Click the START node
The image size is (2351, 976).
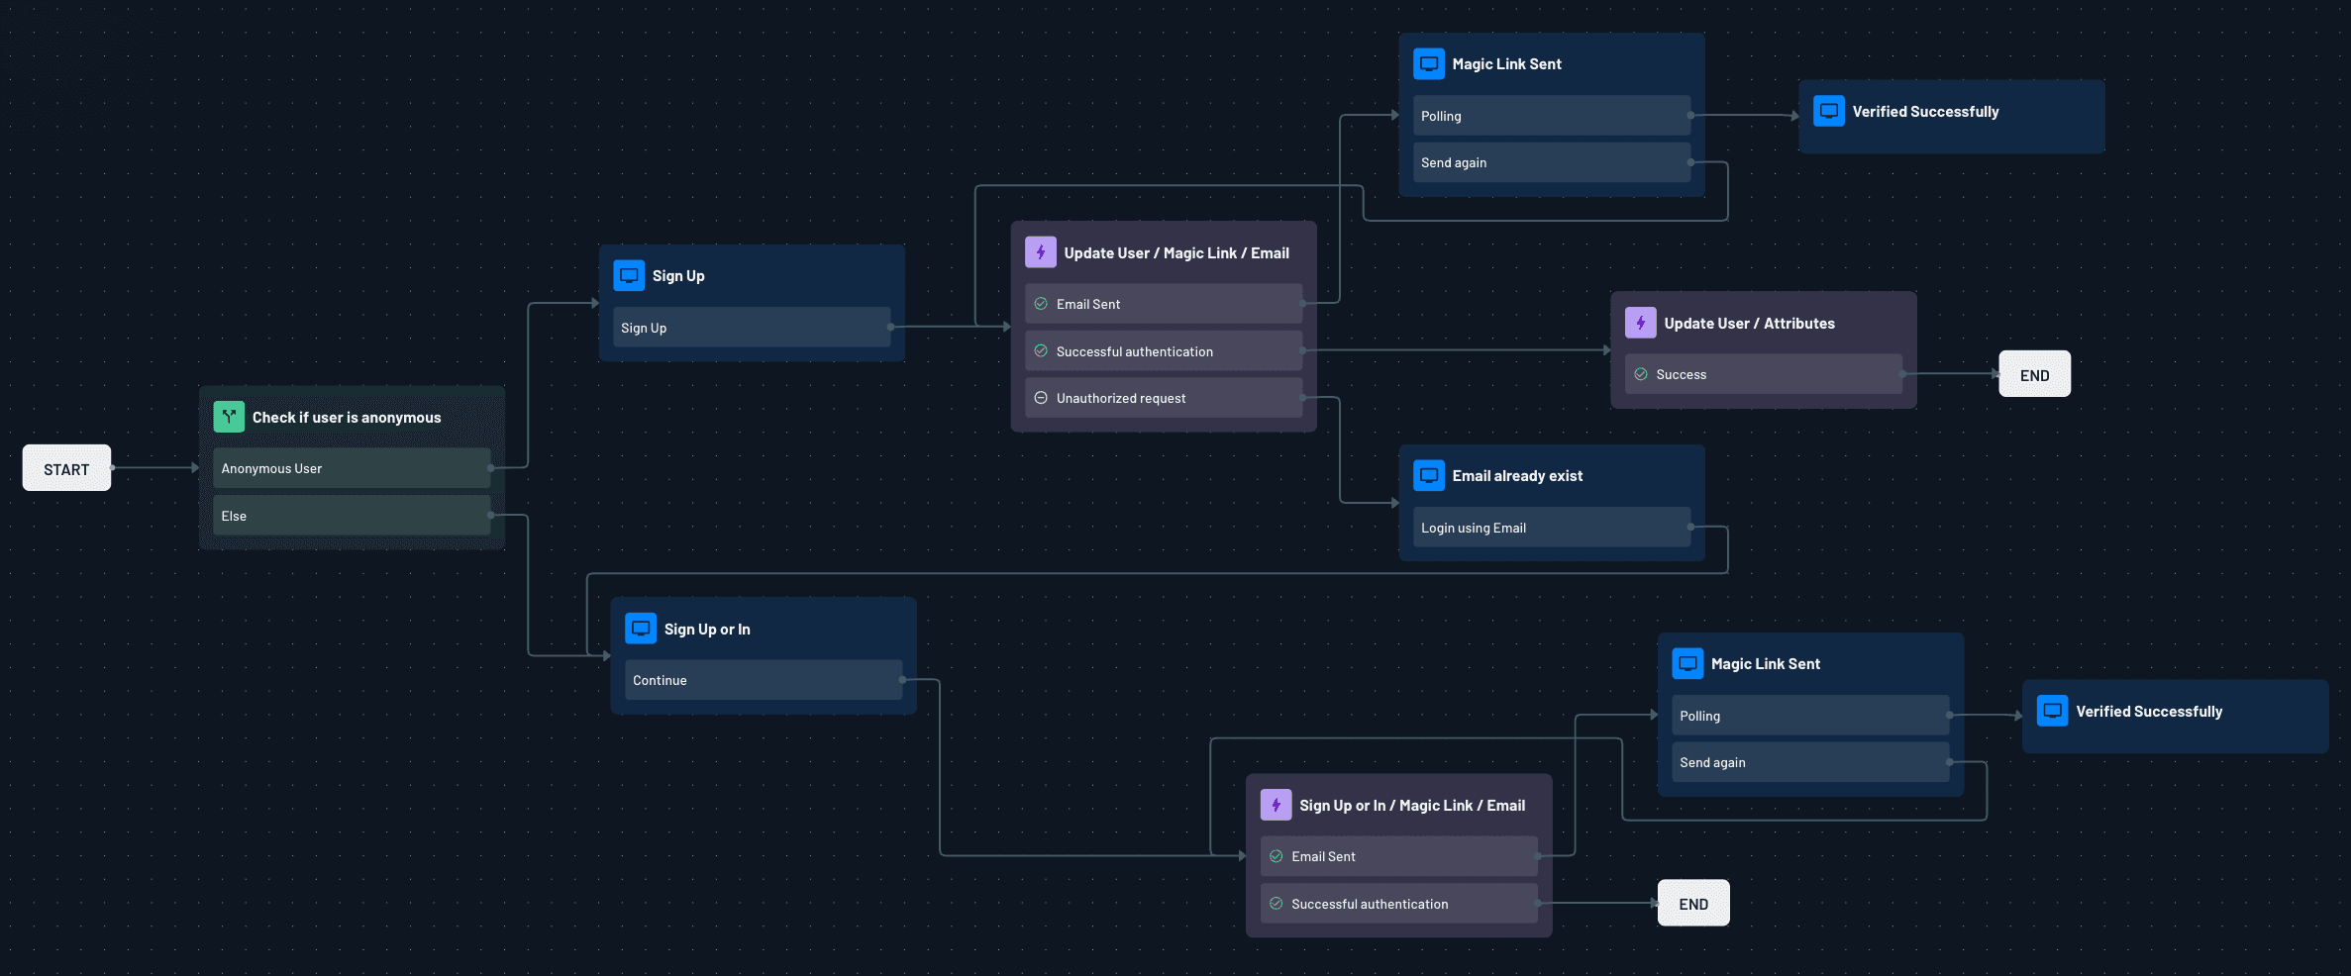tap(66, 468)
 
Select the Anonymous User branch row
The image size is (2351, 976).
tap(352, 468)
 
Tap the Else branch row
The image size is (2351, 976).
tap(352, 516)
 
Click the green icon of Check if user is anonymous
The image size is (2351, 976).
tap(229, 417)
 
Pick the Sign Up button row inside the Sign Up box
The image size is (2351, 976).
tap(751, 328)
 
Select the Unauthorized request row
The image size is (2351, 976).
tap(1163, 398)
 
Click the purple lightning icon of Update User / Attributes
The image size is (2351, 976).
tap(1640, 323)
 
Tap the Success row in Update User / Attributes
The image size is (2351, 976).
tap(1763, 374)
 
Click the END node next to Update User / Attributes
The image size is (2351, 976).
tap(2034, 374)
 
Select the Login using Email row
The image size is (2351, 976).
tap(1551, 528)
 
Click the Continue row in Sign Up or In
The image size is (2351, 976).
tap(763, 680)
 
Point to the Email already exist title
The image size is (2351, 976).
tap(1517, 476)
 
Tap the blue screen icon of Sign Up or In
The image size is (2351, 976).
tap(641, 629)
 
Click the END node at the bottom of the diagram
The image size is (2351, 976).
tap(1693, 904)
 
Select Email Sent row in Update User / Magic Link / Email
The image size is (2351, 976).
tap(1163, 304)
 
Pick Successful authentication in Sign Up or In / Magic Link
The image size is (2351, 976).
tap(1398, 904)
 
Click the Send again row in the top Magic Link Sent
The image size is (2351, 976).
tap(1551, 162)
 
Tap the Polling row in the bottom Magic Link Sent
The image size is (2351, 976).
tap(1810, 716)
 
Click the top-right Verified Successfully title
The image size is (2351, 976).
tap(1925, 112)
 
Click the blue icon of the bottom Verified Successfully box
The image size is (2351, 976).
tap(2052, 711)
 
